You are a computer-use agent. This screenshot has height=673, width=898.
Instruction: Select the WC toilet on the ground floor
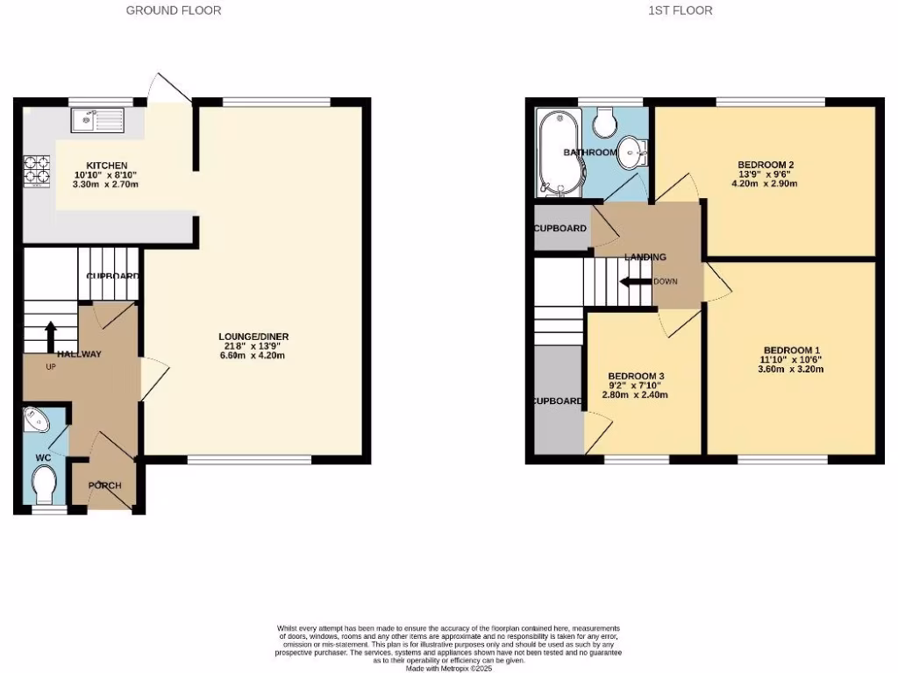coord(43,484)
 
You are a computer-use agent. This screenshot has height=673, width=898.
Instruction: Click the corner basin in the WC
coord(38,420)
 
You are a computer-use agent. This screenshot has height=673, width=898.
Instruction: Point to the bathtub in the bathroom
coord(555,154)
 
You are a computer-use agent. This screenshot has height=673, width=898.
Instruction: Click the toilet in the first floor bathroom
coord(604,123)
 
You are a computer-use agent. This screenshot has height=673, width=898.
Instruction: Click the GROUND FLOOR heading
coord(174,11)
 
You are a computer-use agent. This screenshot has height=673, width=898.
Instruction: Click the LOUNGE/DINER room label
coord(253,336)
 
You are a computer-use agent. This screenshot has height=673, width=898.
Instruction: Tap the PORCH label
coord(104,485)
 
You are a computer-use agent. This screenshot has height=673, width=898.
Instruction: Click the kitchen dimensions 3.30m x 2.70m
coord(106,185)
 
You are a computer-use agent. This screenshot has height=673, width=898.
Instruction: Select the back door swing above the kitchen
coord(168,89)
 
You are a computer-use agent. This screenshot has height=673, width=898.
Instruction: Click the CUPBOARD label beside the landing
coord(560,229)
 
